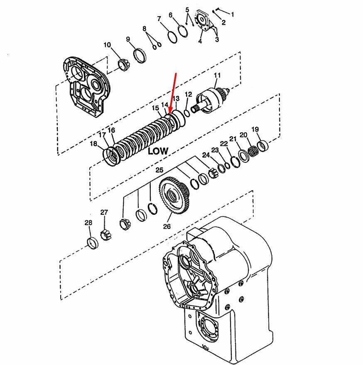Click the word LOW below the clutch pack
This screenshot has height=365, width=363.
(x=158, y=151)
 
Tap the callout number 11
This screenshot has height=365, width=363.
(x=217, y=75)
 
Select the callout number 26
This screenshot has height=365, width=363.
(x=167, y=227)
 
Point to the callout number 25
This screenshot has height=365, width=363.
(x=159, y=170)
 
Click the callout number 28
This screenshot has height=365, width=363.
(x=88, y=223)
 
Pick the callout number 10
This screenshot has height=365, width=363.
(x=108, y=45)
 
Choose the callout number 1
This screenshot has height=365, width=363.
(x=233, y=14)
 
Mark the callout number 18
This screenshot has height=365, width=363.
(x=93, y=144)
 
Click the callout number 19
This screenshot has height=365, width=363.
(x=255, y=129)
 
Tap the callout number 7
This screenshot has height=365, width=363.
(x=159, y=19)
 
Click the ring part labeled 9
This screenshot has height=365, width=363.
(x=140, y=56)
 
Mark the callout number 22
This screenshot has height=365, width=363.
(x=224, y=144)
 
